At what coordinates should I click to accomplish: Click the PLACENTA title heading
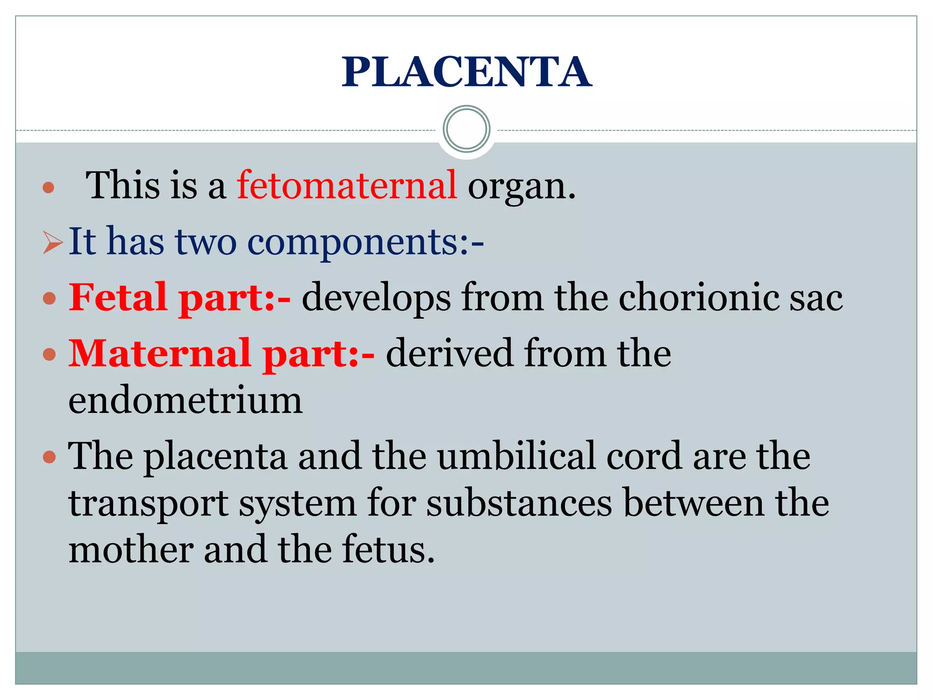466,72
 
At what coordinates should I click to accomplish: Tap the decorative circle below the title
466,129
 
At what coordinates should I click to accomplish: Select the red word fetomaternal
347,185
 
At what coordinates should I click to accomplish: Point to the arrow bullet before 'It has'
52,242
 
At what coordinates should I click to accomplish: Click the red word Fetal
118,297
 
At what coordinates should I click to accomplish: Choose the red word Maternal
159,353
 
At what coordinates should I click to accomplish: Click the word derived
449,353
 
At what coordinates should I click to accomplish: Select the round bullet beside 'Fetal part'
49,299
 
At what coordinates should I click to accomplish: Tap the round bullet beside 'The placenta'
49,457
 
